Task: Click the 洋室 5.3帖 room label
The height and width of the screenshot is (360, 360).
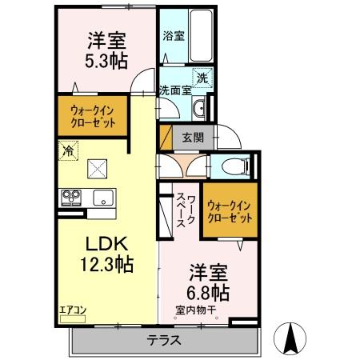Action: [x=103, y=50]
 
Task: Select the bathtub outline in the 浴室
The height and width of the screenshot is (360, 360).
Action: [x=200, y=36]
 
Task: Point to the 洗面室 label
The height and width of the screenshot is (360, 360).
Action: [x=174, y=90]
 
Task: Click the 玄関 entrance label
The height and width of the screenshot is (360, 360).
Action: [x=192, y=137]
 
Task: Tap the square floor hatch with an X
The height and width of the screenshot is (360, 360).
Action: [x=98, y=168]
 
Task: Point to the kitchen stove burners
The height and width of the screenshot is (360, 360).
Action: [x=70, y=197]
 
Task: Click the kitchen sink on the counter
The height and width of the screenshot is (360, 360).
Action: [x=103, y=197]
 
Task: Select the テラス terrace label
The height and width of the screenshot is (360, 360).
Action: [x=163, y=340]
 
